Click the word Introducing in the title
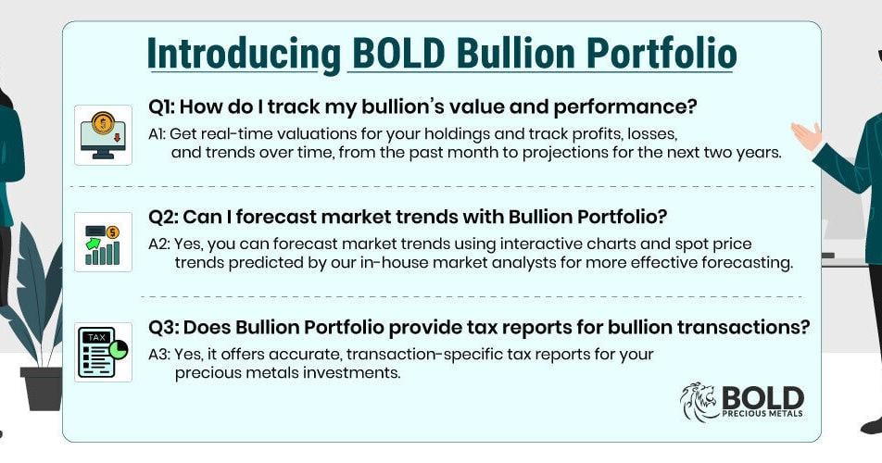245,54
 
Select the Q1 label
162,106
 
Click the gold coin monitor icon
103,135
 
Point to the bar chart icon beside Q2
103,243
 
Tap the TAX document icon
103,352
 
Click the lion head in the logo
699,401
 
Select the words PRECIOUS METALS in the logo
762,414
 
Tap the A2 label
159,244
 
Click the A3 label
159,355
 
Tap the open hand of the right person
807,135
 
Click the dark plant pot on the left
42,388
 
